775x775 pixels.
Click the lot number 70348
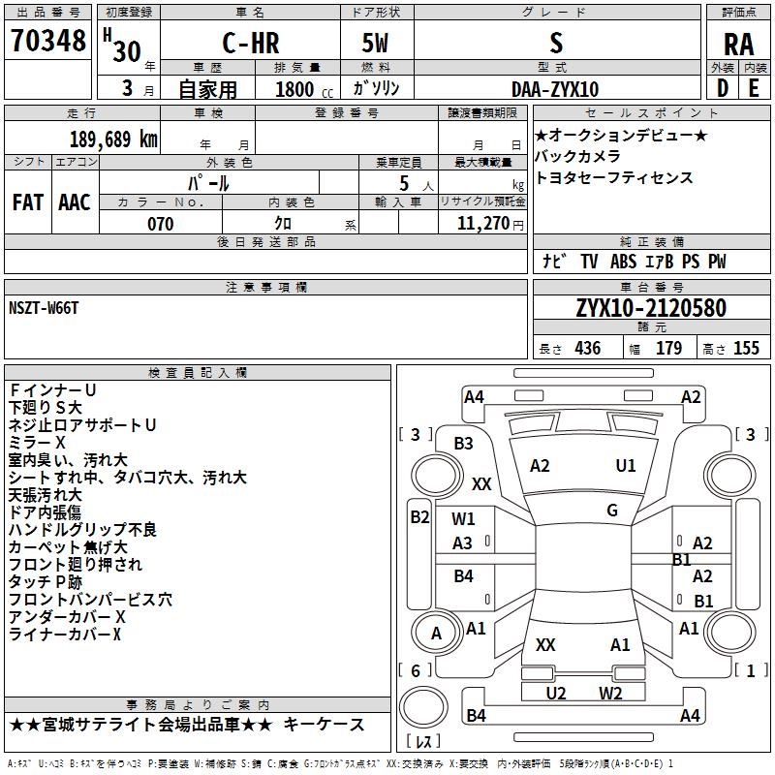coord(48,41)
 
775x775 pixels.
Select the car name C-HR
coord(251,43)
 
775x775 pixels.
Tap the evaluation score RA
coord(738,45)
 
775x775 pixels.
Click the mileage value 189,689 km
coord(113,139)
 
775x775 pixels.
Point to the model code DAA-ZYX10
coord(555,89)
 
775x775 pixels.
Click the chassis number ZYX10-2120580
coord(651,308)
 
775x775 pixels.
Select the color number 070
coord(161,224)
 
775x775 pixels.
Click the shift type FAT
coord(28,202)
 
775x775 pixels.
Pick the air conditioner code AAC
coord(75,202)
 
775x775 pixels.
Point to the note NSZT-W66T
coord(44,308)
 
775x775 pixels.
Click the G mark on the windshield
coord(612,511)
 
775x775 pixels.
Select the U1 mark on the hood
coord(626,466)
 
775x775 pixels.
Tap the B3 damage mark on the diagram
coord(464,444)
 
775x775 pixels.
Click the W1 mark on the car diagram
coord(463,519)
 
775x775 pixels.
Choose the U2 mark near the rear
coord(556,693)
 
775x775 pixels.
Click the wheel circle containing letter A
coord(436,633)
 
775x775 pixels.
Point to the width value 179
coord(668,348)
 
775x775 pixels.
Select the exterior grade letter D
coord(723,88)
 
